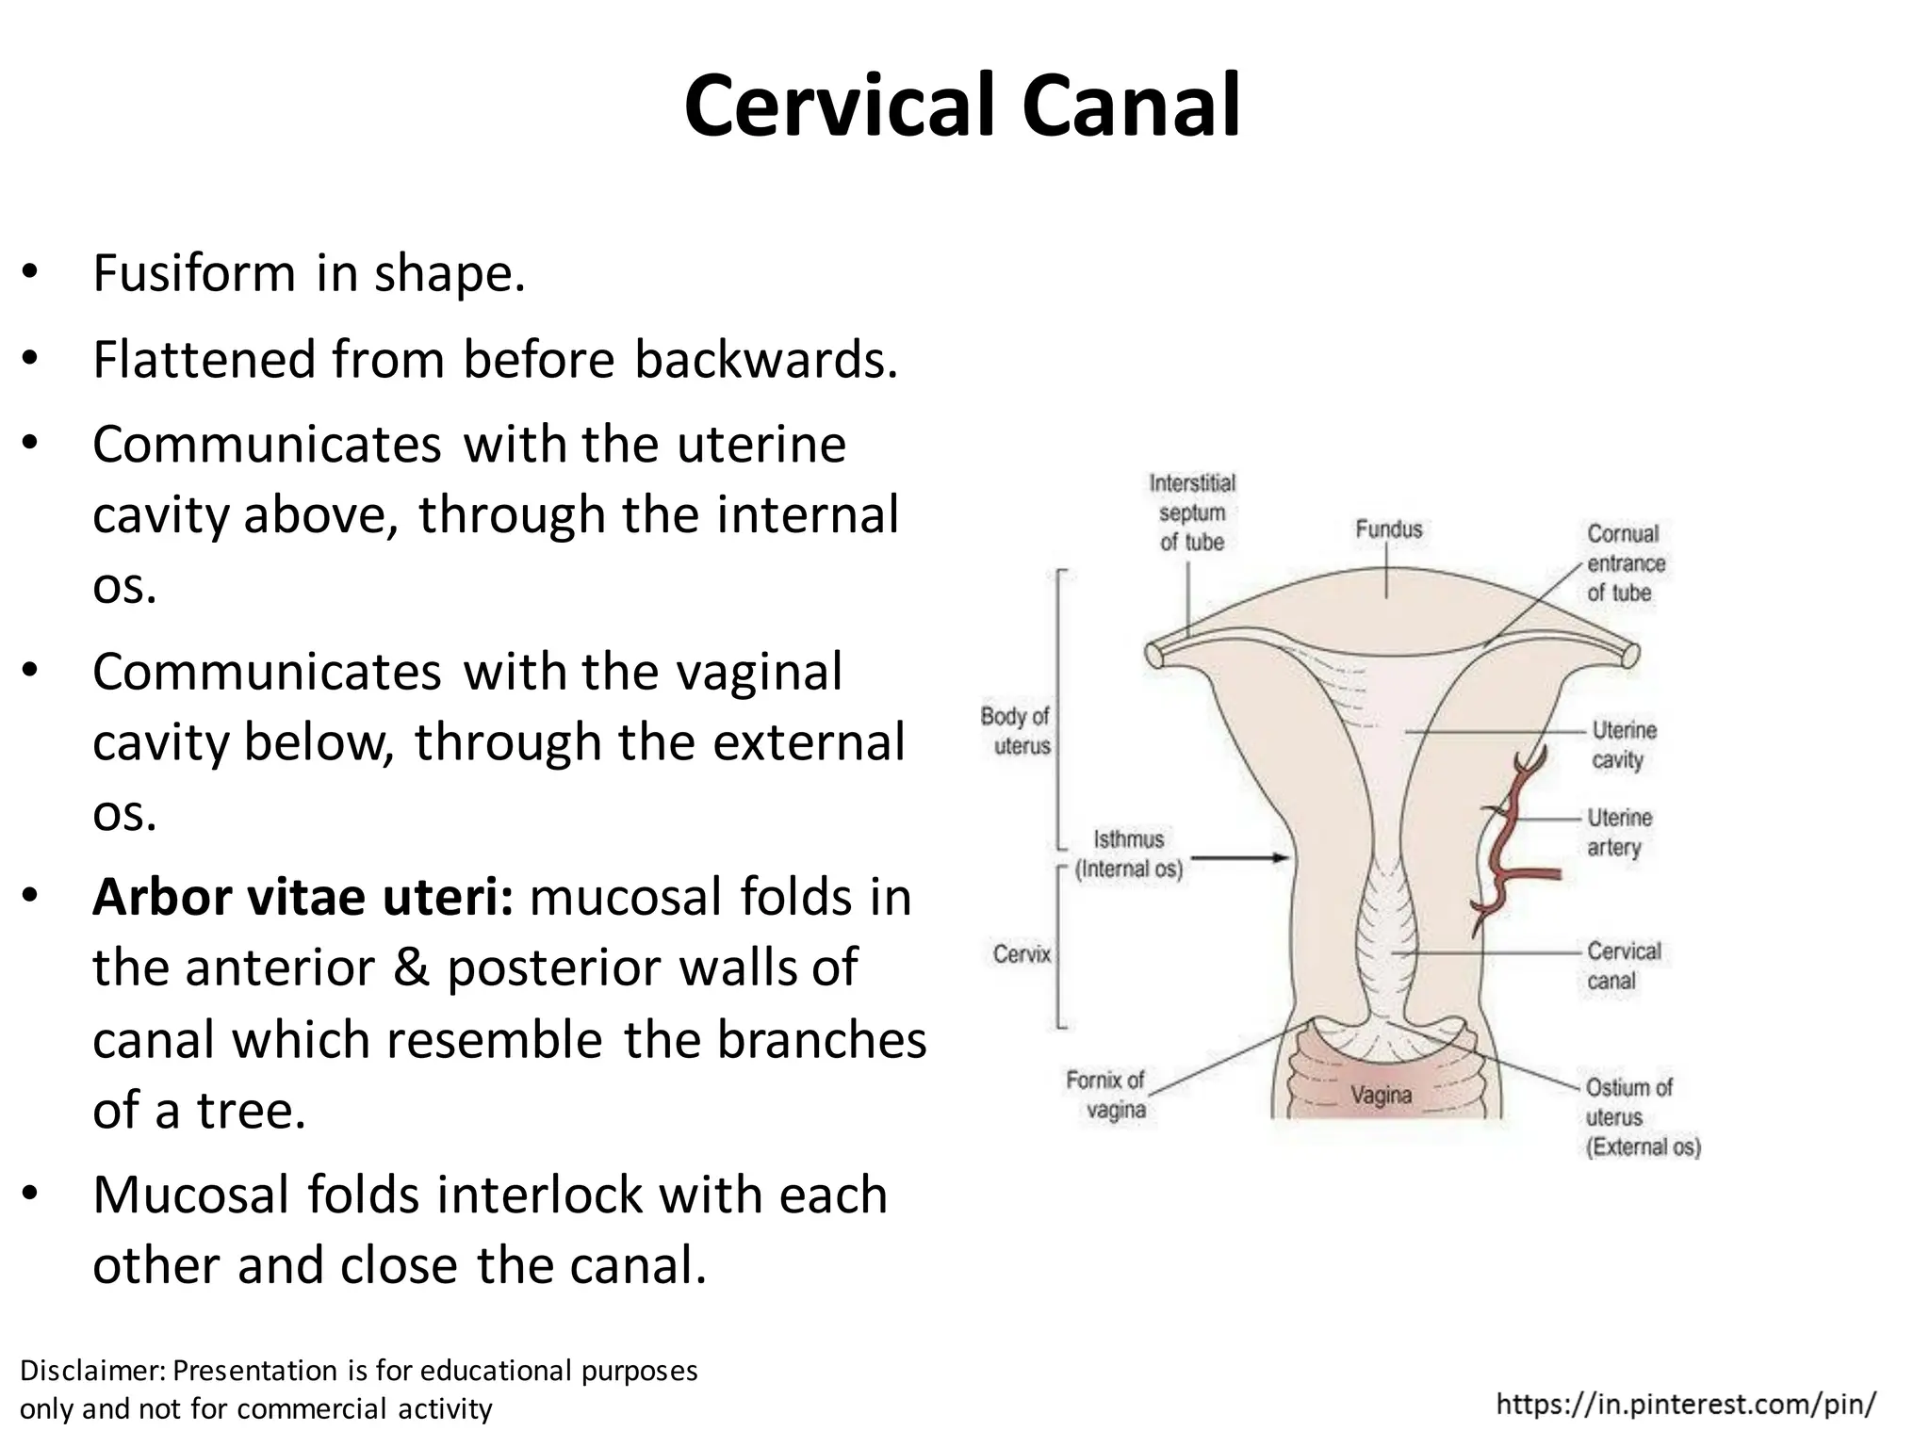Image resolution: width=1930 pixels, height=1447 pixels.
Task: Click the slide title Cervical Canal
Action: tap(962, 106)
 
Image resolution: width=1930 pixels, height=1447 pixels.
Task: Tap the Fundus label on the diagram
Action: tap(1388, 529)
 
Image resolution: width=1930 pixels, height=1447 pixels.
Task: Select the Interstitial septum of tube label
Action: tap(1192, 512)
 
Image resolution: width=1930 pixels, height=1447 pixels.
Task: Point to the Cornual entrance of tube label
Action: tap(1626, 563)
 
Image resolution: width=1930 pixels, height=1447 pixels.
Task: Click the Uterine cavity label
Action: tap(1623, 744)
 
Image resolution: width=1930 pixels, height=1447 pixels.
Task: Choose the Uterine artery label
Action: tap(1619, 832)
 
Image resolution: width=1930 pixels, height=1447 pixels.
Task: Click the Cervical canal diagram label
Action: tap(1623, 966)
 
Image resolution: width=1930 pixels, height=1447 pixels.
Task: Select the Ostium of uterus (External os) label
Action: tap(1642, 1117)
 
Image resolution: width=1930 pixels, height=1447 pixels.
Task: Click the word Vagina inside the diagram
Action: tap(1381, 1096)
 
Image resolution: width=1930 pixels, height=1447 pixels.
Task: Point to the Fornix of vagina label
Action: tap(1105, 1095)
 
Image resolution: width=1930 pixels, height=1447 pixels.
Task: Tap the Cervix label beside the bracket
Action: tap(1022, 954)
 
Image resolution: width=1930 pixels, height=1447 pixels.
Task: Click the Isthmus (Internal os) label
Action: tap(1128, 854)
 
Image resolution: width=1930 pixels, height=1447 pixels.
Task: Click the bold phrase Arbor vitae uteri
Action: tap(303, 897)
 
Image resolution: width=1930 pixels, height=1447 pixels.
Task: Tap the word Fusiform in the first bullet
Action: tap(194, 273)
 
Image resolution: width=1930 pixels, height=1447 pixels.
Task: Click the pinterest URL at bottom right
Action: tap(1686, 1405)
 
